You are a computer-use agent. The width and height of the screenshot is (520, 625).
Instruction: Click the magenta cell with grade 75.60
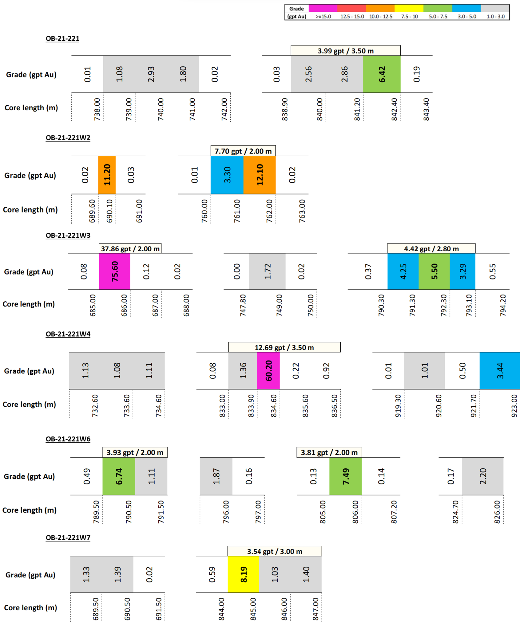coord(114,271)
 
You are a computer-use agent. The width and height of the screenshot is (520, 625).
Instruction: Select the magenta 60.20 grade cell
coord(268,371)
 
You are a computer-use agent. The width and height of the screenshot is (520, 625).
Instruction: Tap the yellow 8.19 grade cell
coord(243,574)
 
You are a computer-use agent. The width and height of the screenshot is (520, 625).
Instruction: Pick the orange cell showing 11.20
coord(107,175)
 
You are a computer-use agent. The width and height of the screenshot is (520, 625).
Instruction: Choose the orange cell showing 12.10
coord(259,175)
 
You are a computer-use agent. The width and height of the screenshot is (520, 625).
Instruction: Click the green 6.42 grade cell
coord(382,74)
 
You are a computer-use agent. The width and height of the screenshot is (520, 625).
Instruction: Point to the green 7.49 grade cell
coord(345,476)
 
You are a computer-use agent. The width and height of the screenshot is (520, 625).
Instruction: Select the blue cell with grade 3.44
coord(500,371)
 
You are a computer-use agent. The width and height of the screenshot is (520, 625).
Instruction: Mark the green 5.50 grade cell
coord(434,271)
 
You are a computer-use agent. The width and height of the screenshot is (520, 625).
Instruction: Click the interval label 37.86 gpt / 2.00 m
coord(130,249)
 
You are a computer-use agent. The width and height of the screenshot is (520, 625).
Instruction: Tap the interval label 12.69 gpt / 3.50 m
coord(284,347)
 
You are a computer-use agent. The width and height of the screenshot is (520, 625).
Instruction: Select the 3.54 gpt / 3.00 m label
coord(274,551)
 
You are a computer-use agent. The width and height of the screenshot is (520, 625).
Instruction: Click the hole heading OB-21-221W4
coord(68,334)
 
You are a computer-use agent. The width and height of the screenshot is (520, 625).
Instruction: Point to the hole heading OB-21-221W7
coord(68,537)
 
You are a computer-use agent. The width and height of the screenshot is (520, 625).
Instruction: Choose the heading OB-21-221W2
coord(68,138)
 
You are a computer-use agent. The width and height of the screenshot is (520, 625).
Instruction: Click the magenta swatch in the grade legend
coord(323,8)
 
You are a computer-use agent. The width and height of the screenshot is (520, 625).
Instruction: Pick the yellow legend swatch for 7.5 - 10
coord(409,8)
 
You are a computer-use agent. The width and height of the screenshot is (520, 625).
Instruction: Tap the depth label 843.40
coord(426,109)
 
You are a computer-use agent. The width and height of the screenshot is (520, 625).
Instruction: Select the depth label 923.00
coord(514,406)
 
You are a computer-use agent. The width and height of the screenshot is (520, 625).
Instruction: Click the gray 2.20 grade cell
coord(482,476)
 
